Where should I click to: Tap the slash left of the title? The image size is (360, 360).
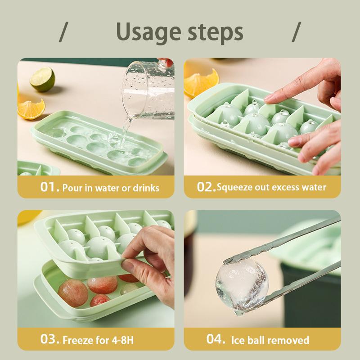point(63,31)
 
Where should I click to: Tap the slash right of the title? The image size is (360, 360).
point(296,31)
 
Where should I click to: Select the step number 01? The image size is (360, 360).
point(50,187)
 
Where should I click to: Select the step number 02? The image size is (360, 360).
point(207,187)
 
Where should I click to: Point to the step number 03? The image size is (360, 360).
point(50,339)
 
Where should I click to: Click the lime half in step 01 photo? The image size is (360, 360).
point(42,79)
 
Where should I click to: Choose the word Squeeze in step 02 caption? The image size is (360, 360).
point(235,187)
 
